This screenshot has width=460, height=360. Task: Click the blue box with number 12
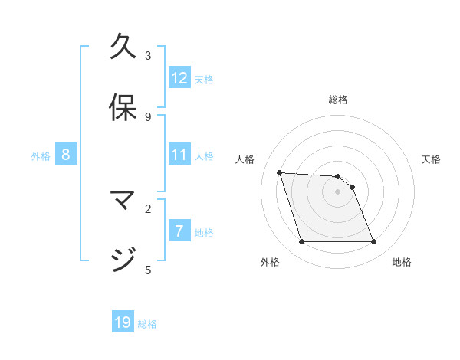[x=179, y=78]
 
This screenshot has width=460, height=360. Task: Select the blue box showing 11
[x=179, y=155]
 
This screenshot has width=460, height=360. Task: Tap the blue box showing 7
[x=179, y=231]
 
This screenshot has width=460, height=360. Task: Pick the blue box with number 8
[x=66, y=155]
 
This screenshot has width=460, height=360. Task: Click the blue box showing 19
[x=123, y=322]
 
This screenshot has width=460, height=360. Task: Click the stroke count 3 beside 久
[x=148, y=55]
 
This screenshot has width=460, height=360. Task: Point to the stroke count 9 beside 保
[x=148, y=116]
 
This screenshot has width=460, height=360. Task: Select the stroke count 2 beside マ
[x=148, y=208]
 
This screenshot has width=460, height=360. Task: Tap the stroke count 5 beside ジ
[x=148, y=269]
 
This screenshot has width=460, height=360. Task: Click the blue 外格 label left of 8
[x=41, y=156]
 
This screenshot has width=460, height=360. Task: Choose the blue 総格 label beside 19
[x=147, y=324]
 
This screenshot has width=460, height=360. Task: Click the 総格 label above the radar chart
[x=338, y=100]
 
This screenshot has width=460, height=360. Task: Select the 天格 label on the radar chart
[x=431, y=159]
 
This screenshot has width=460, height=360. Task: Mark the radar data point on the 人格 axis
[x=280, y=172]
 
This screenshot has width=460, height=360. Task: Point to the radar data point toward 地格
[x=373, y=242]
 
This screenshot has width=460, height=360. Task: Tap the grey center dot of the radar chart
[x=337, y=191]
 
